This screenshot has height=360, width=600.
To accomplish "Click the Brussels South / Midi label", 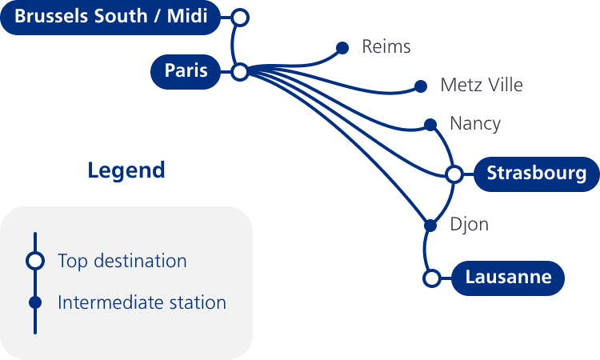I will click(110, 16).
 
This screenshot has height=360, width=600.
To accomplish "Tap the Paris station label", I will click(186, 71).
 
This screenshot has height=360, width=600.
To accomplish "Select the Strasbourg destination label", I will click(537, 173).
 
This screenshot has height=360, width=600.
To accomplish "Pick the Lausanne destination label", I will click(508, 278).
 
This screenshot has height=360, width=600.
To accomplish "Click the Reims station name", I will click(386, 46).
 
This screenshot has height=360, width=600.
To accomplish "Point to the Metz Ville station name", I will click(481, 85).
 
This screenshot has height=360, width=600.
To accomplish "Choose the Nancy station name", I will click(474, 123).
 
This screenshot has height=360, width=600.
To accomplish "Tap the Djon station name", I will click(469, 225).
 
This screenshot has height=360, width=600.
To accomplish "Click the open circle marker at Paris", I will click(239, 72).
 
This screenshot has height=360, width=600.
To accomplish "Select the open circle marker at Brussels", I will click(239, 17).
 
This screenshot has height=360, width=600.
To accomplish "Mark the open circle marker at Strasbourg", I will click(454, 174).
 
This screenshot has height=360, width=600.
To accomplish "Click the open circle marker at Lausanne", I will click(431, 278).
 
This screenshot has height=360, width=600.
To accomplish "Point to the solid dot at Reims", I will click(342, 48).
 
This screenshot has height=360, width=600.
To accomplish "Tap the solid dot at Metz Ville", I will click(421, 86).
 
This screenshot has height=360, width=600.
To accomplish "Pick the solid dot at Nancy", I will click(430, 124).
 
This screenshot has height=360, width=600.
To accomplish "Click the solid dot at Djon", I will click(430, 226).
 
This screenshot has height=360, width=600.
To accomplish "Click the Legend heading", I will click(126, 170).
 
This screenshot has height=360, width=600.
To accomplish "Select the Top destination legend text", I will click(122, 261).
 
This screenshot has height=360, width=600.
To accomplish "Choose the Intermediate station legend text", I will click(142, 302).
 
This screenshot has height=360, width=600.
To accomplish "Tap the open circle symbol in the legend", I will click(35, 261).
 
